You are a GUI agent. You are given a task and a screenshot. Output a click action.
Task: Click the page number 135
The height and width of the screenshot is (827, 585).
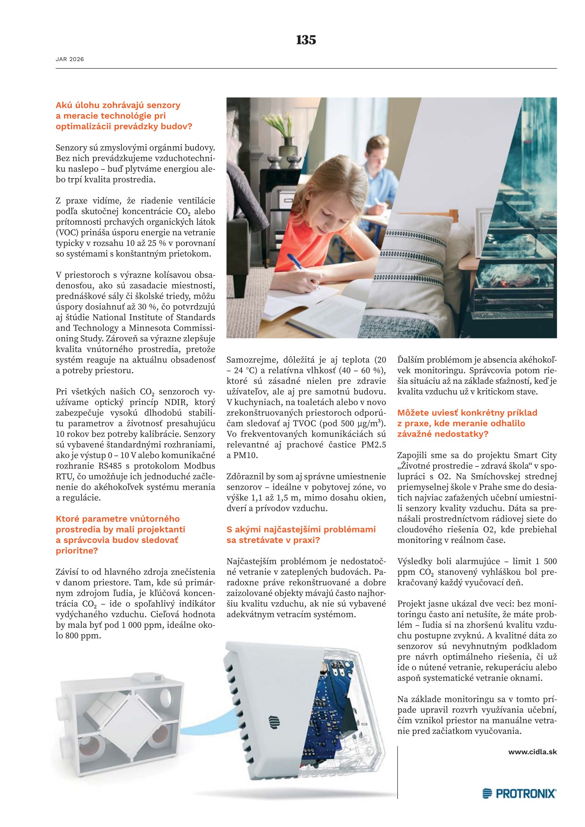tap(306, 40)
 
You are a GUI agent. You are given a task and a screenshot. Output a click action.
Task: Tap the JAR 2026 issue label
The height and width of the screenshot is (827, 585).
tap(70, 59)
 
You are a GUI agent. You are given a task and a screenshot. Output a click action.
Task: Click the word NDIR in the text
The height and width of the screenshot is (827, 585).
tap(176, 402)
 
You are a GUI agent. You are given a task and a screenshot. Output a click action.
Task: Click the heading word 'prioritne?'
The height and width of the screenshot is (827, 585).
tap(77, 551)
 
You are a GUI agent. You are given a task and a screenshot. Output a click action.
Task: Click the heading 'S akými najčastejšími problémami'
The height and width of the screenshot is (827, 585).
tap(301, 530)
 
